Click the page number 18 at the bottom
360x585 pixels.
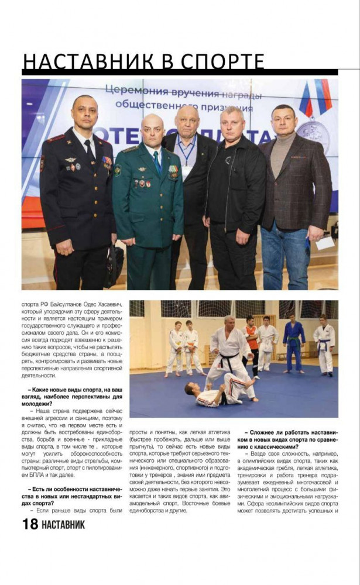(30, 524)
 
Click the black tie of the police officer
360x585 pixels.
(88, 152)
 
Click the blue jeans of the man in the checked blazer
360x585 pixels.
(286, 257)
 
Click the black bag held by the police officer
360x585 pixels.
(115, 266)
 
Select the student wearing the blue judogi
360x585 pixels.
(293, 345)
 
